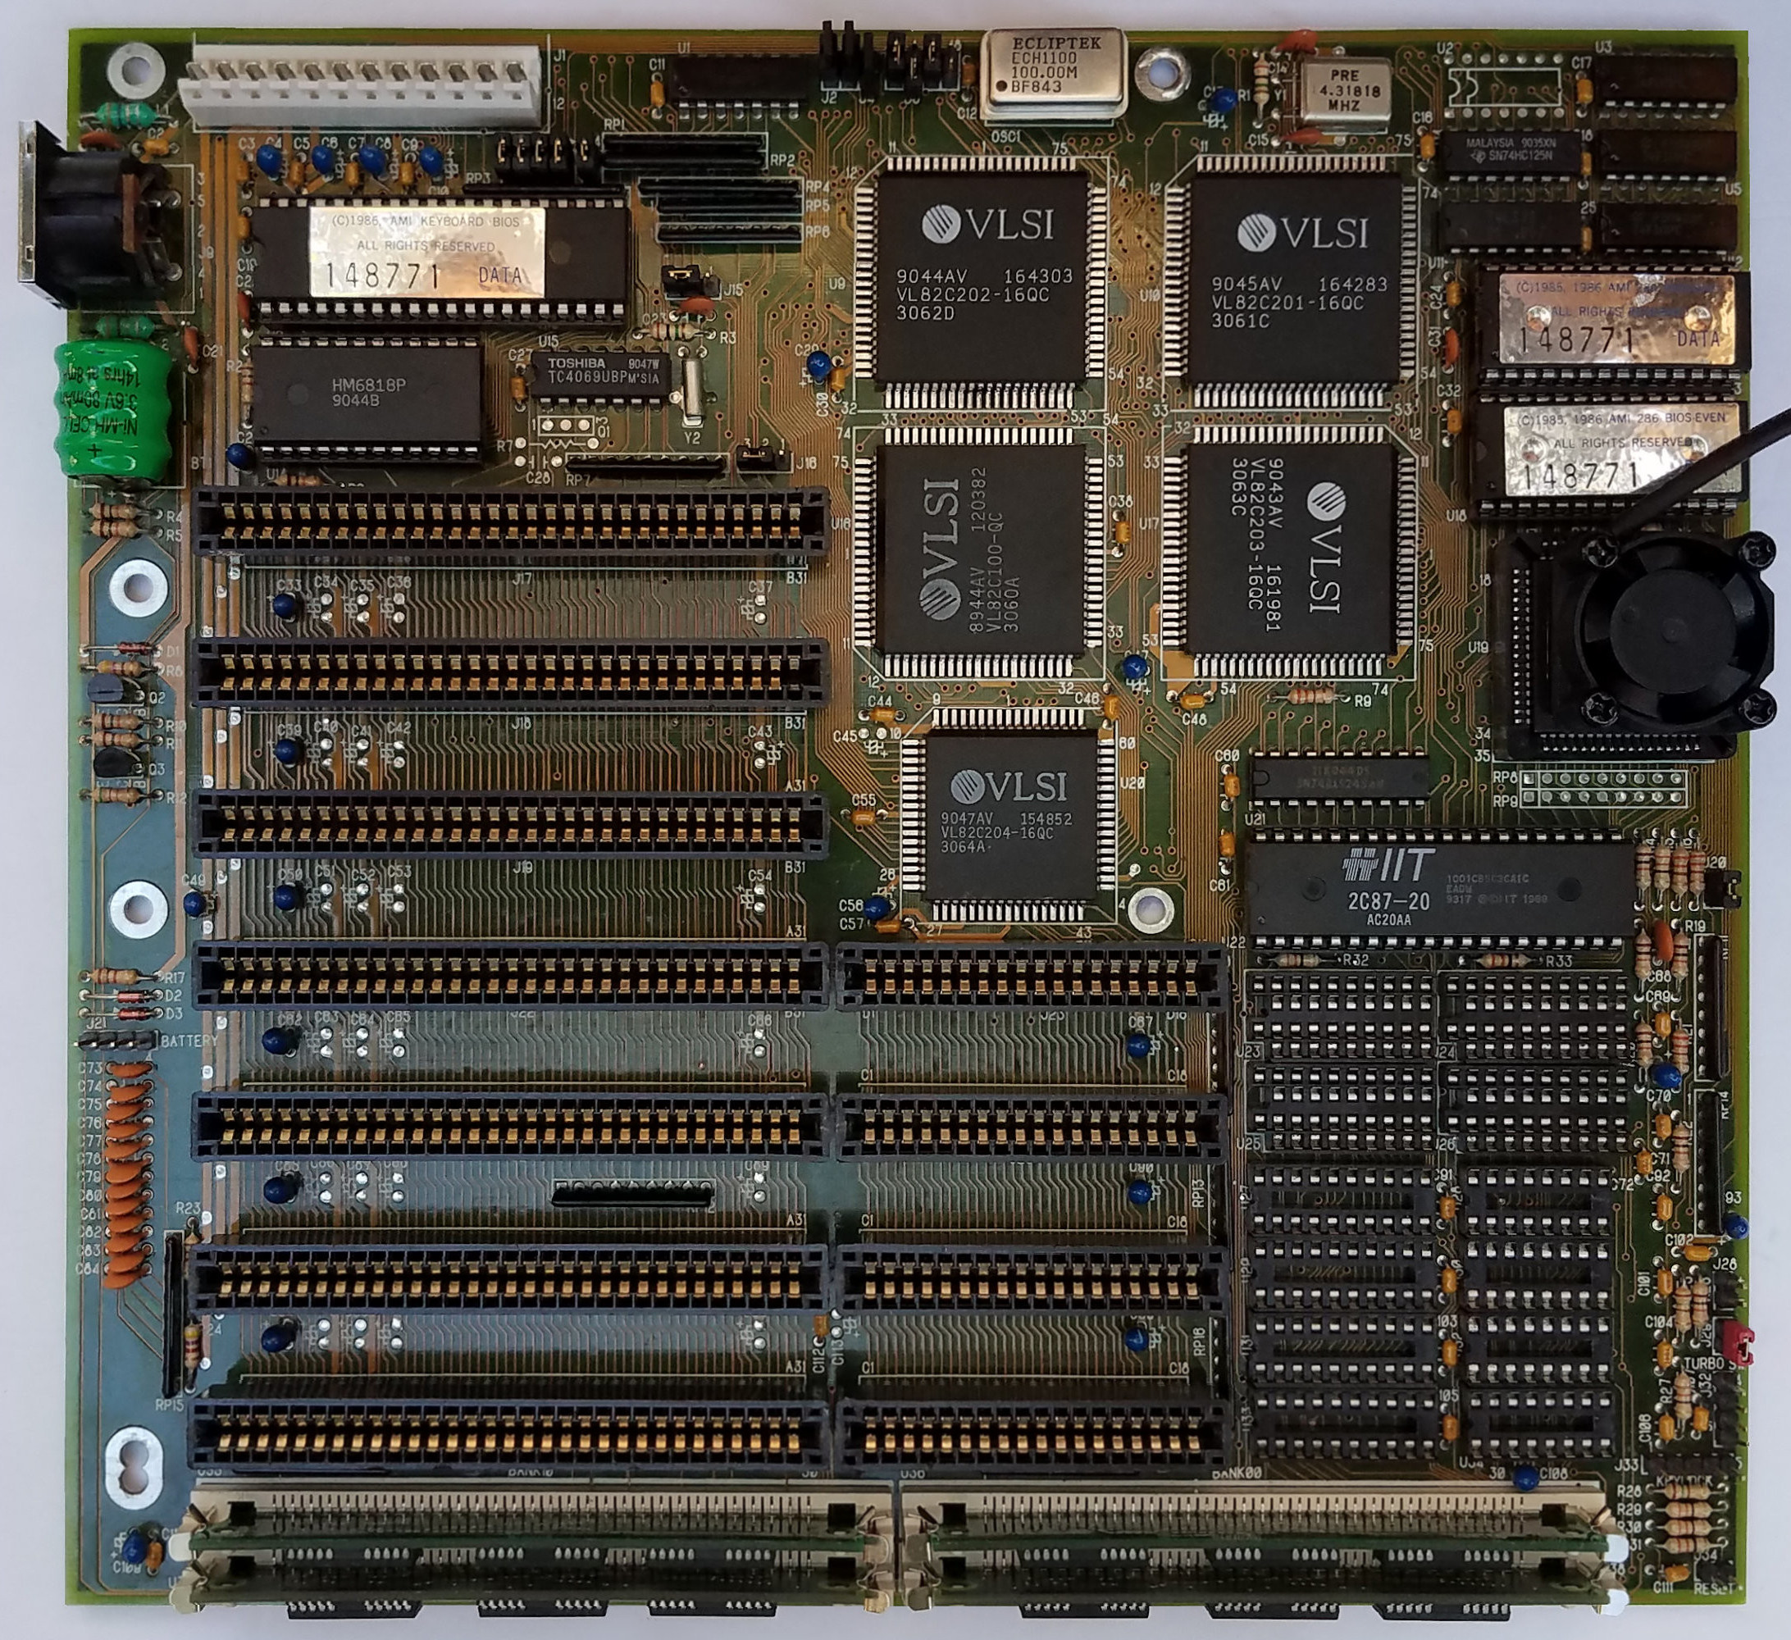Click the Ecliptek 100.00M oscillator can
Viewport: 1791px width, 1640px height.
pyautogui.click(x=1054, y=73)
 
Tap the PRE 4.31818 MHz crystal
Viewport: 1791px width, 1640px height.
pyautogui.click(x=1343, y=91)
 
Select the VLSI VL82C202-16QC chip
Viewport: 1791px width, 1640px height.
pyautogui.click(x=982, y=277)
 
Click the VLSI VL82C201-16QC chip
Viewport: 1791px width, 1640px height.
pyautogui.click(x=1297, y=280)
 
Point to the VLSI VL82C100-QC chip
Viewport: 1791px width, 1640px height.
pyautogui.click(x=981, y=548)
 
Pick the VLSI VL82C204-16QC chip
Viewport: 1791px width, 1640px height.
pyautogui.click(x=1009, y=814)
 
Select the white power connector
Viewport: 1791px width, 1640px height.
pyautogui.click(x=360, y=87)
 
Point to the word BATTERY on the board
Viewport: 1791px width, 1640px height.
pyautogui.click(x=189, y=1041)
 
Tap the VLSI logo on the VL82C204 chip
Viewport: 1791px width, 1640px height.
pyautogui.click(x=968, y=786)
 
